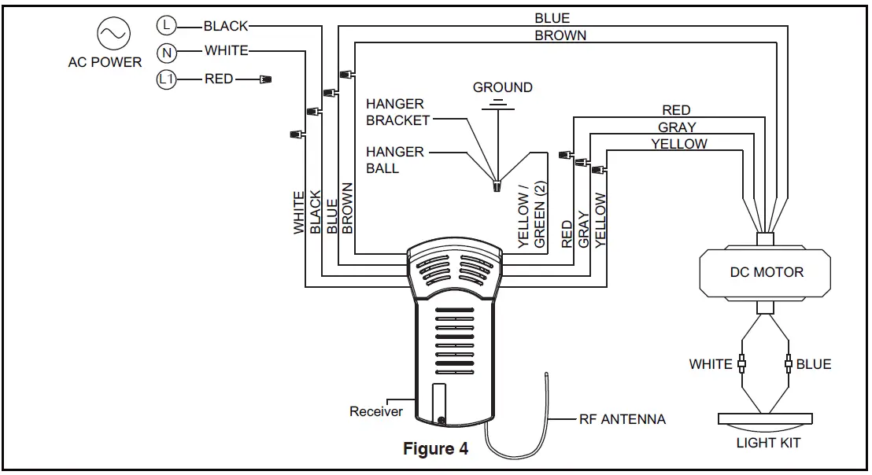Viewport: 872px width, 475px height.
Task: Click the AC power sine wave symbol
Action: point(112,33)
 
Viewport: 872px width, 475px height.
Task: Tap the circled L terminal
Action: point(165,25)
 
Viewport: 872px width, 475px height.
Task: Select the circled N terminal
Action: point(166,52)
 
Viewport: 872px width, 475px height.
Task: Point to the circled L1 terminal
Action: point(167,79)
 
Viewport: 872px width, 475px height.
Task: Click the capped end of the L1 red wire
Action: point(265,79)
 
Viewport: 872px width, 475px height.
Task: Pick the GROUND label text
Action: point(502,87)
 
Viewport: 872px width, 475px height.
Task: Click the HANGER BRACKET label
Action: point(398,112)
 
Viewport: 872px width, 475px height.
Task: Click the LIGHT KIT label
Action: point(768,443)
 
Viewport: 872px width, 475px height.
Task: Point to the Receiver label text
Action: point(376,411)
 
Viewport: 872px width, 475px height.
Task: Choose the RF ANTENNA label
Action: point(622,419)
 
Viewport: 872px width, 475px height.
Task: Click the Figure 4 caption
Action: point(435,449)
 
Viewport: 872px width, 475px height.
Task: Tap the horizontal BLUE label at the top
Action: point(552,18)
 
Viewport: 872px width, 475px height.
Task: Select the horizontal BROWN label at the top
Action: point(560,35)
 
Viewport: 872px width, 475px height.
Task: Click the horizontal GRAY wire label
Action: point(677,127)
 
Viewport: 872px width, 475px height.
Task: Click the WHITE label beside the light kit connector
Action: point(711,364)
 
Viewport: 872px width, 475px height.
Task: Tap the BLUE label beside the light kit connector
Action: point(814,364)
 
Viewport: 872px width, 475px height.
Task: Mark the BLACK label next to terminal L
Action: point(226,25)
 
